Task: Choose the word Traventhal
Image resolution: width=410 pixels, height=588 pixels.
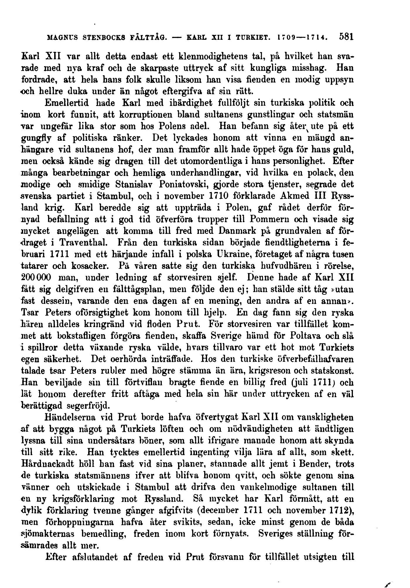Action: coord(83,243)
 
